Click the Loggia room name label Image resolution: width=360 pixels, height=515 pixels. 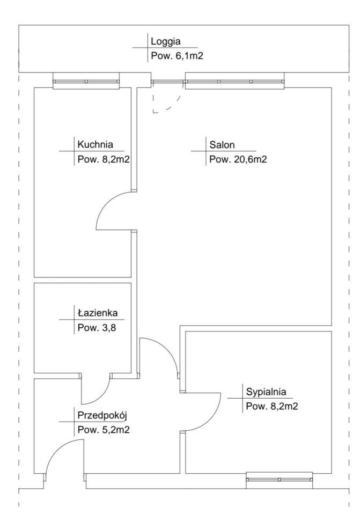click(x=166, y=42)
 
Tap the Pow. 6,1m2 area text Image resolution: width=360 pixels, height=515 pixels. click(x=177, y=56)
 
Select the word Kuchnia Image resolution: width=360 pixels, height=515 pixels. click(x=95, y=144)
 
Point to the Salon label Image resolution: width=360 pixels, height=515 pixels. click(x=222, y=145)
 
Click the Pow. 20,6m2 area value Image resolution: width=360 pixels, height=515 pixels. click(x=238, y=160)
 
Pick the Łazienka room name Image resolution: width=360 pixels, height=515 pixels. click(x=98, y=312)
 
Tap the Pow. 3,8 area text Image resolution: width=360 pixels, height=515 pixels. click(x=97, y=328)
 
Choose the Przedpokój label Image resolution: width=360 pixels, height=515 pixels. click(x=102, y=415)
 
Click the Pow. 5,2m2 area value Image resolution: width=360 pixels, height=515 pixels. click(x=104, y=430)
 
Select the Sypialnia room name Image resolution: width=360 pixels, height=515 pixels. click(x=266, y=392)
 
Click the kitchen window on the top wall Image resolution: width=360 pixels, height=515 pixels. click(x=86, y=81)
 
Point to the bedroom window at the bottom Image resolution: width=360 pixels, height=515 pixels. click(x=279, y=480)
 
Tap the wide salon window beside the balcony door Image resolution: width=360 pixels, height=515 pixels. click(x=234, y=81)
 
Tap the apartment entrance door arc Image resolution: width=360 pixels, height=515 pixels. click(x=56, y=448)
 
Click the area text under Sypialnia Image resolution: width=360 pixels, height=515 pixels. click(x=272, y=407)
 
